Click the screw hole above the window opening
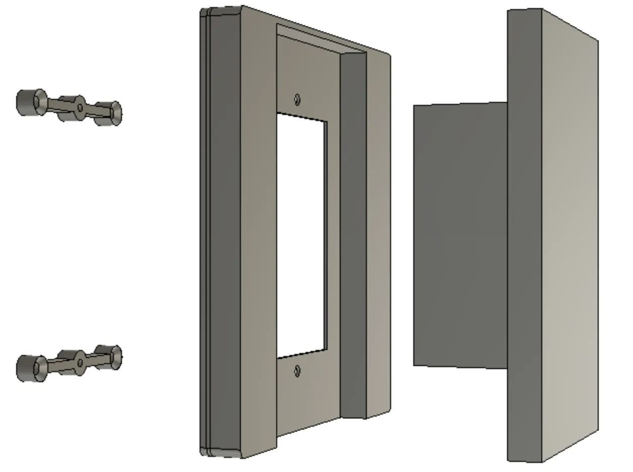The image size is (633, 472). click(297, 99)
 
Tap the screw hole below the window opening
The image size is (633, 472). click(297, 372)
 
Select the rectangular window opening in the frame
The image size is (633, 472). click(301, 234)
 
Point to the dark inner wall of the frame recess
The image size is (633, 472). click(353, 237)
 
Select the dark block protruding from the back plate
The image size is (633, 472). click(460, 234)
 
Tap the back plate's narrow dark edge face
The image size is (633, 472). click(524, 234)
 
